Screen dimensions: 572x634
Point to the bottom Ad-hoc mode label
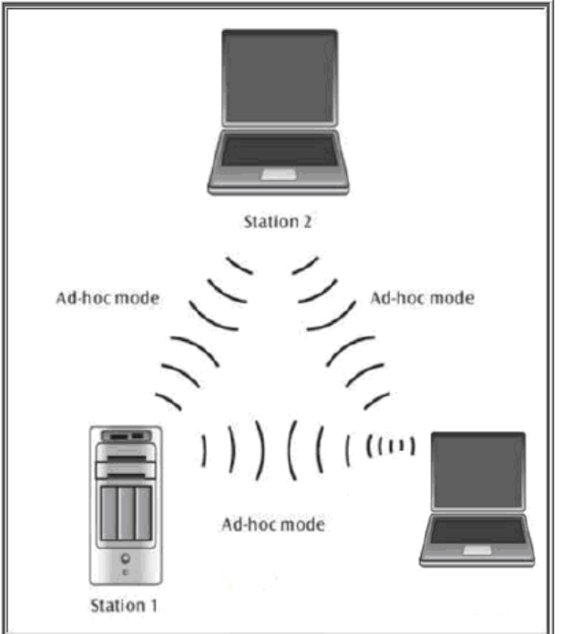[x=273, y=525]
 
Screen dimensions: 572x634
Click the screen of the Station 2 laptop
[x=279, y=80]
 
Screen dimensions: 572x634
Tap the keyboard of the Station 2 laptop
[x=279, y=150]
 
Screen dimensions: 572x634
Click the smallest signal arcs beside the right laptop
[x=392, y=447]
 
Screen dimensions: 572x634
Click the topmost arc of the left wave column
[x=240, y=265]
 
